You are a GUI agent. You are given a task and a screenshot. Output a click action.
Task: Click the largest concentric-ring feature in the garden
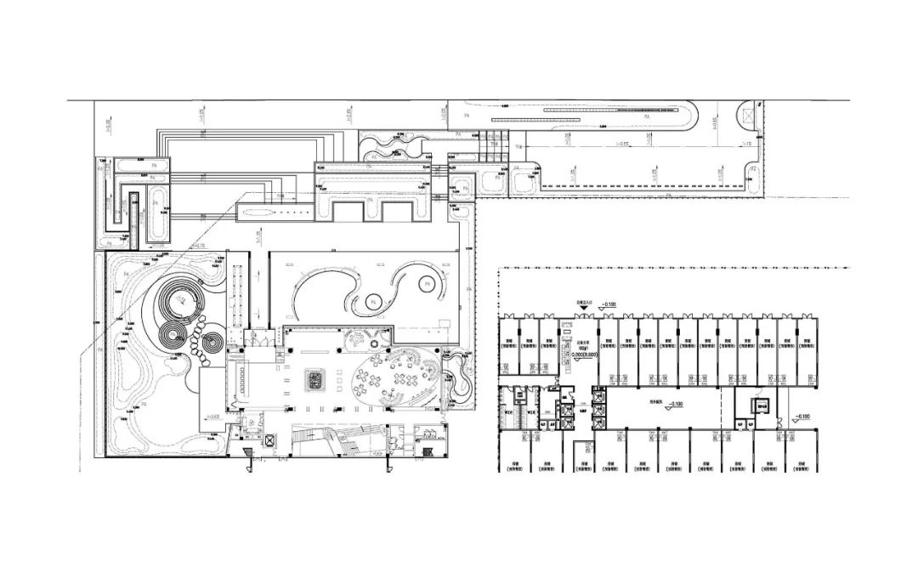pos(180,300)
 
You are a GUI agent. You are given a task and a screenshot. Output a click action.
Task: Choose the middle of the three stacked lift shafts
pos(600,405)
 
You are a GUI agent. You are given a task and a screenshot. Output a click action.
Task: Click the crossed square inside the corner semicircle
pos(748,116)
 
